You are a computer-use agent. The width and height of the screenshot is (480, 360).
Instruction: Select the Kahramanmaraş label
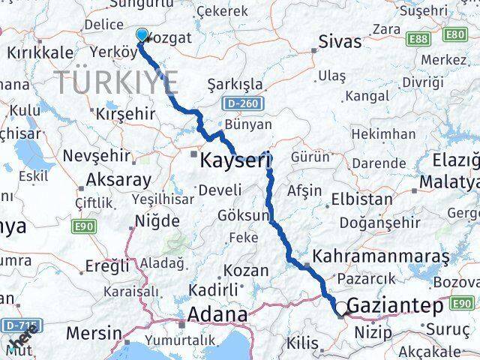pyautogui.click(x=381, y=256)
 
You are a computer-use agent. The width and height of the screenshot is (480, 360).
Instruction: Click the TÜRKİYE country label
pyautogui.click(x=116, y=80)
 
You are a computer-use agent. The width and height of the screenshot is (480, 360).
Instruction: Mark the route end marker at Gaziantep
pyautogui.click(x=342, y=308)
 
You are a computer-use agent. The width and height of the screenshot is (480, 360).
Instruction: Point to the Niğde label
pyautogui.click(x=157, y=221)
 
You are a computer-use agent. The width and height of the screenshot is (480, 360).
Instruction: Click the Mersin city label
pyautogui.click(x=94, y=332)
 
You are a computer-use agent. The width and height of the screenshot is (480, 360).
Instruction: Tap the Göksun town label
pyautogui.click(x=243, y=215)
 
